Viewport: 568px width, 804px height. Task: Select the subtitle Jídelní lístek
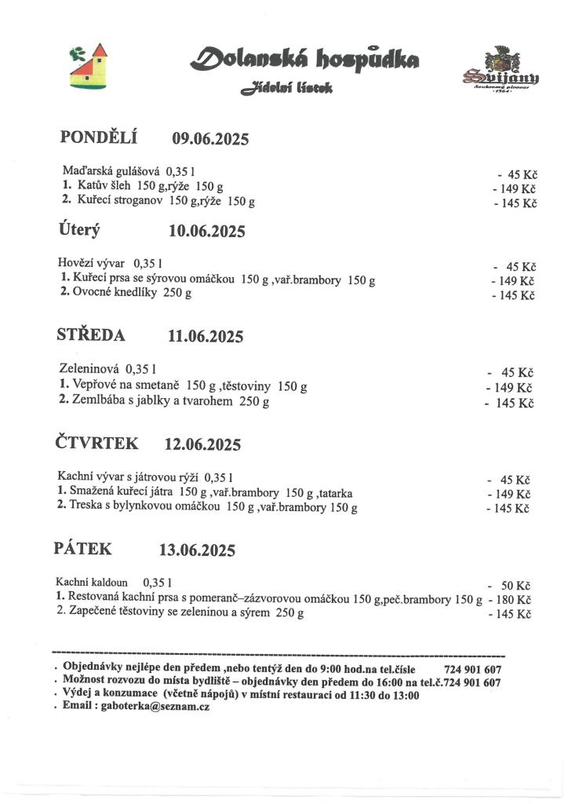287,90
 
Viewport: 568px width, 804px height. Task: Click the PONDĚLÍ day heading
99,137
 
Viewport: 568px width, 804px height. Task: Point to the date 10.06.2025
207,232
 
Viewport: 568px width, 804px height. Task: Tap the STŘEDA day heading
91,335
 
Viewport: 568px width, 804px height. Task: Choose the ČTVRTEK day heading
96,443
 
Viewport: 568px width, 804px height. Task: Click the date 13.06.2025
197,550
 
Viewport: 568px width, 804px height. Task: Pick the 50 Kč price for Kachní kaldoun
516,586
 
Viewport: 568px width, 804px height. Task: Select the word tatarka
336,493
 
